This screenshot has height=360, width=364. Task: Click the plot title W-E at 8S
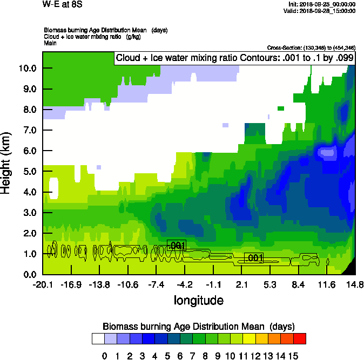(x=62, y=4)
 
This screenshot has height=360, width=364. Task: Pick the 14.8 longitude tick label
(x=354, y=284)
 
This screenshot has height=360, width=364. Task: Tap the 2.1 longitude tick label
(x=241, y=284)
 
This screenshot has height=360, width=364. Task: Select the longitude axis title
(x=198, y=300)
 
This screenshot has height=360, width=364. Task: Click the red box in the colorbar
(x=300, y=339)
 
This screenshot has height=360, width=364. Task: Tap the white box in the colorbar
(x=98, y=339)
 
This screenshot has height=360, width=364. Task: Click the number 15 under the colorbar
(x=293, y=356)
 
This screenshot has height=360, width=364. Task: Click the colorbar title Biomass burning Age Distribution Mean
(x=198, y=327)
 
